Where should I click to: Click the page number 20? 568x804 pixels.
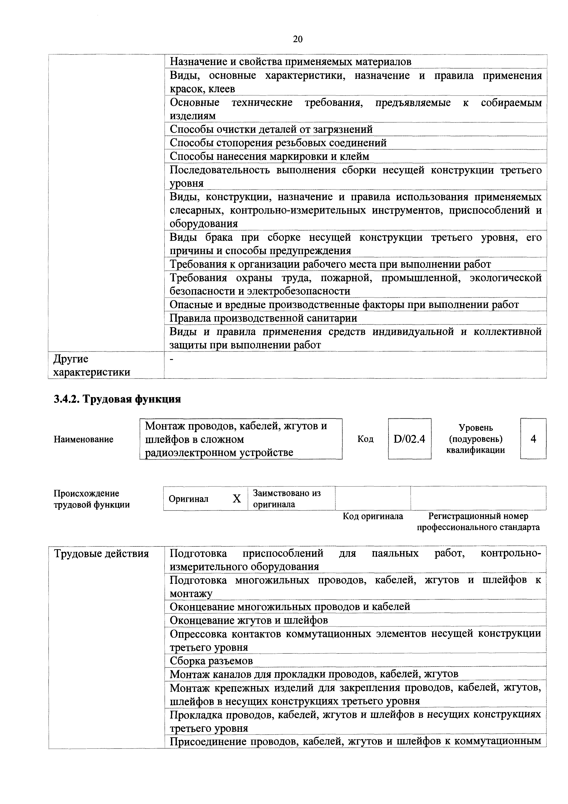[297, 39]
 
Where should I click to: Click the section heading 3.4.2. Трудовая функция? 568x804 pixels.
[117, 399]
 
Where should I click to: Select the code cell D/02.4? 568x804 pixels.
[409, 439]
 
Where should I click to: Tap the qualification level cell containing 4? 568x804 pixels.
[533, 439]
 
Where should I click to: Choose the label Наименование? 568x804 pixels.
[83, 439]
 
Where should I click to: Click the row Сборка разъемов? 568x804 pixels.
[211, 661]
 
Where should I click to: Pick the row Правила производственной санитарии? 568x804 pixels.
[263, 318]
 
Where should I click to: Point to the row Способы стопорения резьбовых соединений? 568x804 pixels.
[278, 143]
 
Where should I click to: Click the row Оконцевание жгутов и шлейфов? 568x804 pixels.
[249, 620]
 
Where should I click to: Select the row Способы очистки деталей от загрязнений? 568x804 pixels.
[271, 129]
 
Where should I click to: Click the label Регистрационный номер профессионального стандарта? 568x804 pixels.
[478, 521]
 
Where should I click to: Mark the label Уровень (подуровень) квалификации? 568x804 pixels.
[476, 439]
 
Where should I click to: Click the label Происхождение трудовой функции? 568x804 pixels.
[91, 499]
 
